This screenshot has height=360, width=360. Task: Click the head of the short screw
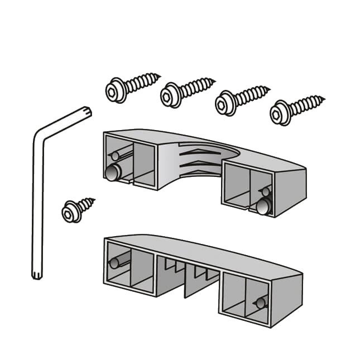(70, 212)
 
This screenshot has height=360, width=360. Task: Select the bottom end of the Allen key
(37, 275)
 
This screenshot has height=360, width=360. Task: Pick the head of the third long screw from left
(225, 102)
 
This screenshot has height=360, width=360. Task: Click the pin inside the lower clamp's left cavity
(118, 263)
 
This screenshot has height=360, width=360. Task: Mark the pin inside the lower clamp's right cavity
(259, 303)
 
